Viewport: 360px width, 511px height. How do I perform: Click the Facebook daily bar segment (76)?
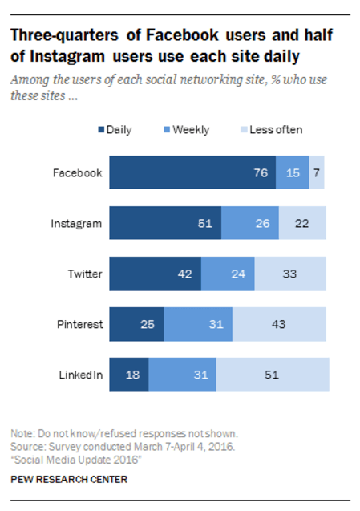(192, 172)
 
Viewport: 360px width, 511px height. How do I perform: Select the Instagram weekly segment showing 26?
(249, 223)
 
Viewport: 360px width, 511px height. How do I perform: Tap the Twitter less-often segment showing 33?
(290, 274)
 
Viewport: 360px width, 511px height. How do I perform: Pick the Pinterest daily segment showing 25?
(136, 324)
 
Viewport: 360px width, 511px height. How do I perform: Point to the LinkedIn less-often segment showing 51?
(272, 375)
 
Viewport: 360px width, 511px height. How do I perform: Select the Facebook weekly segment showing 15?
(292, 172)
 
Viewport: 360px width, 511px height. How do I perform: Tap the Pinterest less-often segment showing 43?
(279, 324)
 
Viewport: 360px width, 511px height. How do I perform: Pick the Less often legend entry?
(269, 129)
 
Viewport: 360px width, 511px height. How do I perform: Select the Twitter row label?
(84, 274)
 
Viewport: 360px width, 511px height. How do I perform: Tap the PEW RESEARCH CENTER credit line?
(68, 480)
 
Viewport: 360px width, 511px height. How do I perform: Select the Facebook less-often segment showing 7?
(317, 172)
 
